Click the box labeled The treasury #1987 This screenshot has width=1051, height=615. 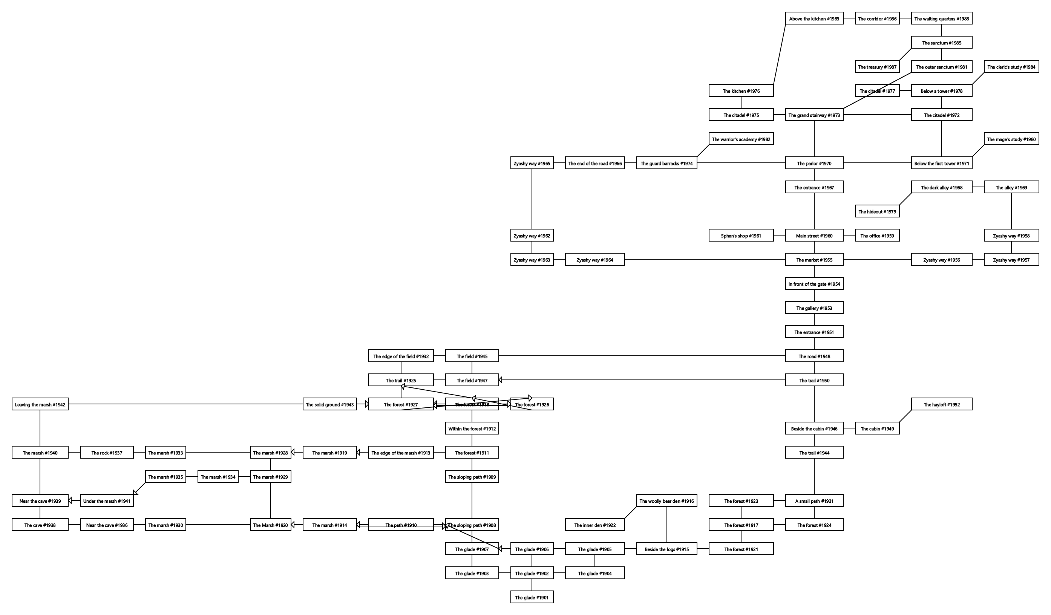[877, 67]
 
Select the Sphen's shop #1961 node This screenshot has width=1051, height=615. [741, 236]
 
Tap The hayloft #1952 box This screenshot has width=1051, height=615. [941, 404]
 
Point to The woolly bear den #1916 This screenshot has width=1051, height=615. [666, 501]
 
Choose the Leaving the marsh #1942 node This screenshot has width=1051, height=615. [40, 404]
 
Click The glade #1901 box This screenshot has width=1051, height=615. [532, 598]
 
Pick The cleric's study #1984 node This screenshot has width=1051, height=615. [1011, 67]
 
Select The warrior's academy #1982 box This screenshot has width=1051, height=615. [741, 139]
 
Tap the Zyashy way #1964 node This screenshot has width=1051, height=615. [595, 260]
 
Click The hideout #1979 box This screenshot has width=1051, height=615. [877, 211]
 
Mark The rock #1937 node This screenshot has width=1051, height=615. [107, 453]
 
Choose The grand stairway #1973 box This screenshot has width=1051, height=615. [814, 115]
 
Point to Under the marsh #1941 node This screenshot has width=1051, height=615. [107, 501]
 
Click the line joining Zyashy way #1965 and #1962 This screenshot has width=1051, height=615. [532, 199]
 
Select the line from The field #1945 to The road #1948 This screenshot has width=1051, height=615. [642, 356]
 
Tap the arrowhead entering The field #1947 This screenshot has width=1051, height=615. [501, 380]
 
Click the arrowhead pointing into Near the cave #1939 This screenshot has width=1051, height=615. [70, 501]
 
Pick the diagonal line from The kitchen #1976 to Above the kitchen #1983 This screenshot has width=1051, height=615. [780, 54]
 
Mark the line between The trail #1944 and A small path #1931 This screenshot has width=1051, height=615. [814, 477]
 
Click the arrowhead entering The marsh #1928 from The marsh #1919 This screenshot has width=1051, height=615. [293, 453]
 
